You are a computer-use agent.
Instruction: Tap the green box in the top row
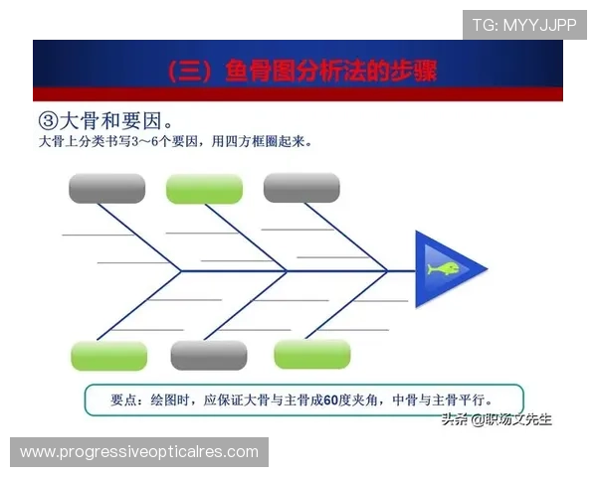tap(204, 188)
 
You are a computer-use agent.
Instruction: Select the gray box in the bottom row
tap(209, 355)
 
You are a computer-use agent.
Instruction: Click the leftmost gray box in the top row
tap(106, 188)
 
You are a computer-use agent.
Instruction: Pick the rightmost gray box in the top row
tap(301, 187)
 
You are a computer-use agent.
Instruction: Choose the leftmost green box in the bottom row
tap(109, 356)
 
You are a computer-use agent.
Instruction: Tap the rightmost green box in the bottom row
tap(312, 354)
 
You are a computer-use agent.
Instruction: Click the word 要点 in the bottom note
tap(126, 399)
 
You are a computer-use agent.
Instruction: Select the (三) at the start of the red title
tap(183, 72)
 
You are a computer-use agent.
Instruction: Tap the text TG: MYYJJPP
tap(524, 25)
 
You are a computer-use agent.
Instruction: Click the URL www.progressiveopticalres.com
tap(139, 452)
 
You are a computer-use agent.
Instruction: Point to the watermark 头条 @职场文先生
tap(497, 419)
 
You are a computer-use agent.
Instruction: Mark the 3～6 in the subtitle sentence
tap(138, 142)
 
